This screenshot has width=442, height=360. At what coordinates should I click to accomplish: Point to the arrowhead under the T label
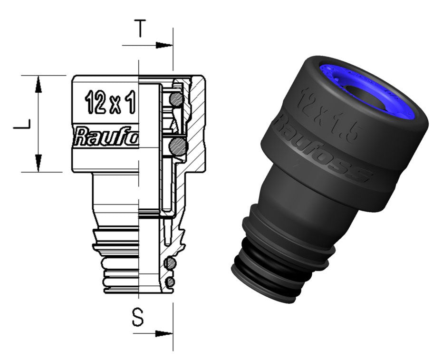[164, 46]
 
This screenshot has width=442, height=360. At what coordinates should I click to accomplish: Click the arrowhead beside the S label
[164, 333]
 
